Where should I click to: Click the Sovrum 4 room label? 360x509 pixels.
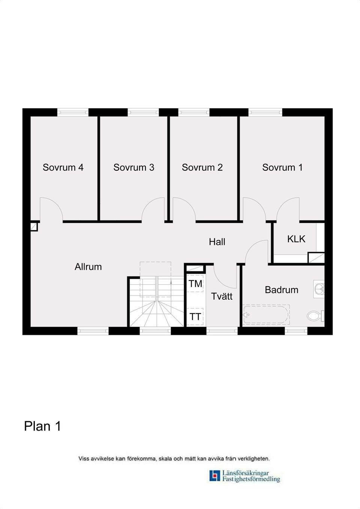(x=63, y=167)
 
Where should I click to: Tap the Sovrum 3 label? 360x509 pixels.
(x=134, y=167)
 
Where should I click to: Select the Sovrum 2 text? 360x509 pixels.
(x=202, y=167)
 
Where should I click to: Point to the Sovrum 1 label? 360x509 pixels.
(x=282, y=167)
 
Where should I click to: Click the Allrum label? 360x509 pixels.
(x=88, y=267)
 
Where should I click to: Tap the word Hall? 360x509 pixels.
(x=217, y=242)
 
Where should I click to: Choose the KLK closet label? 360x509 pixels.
(x=296, y=239)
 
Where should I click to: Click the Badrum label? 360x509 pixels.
(x=281, y=290)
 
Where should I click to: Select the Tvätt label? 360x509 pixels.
(x=222, y=296)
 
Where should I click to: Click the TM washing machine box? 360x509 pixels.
(x=195, y=284)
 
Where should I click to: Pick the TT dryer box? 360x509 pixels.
(x=195, y=317)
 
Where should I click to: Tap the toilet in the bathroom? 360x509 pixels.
(x=315, y=316)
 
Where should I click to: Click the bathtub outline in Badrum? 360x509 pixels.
(x=266, y=314)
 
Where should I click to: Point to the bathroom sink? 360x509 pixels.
(x=319, y=289)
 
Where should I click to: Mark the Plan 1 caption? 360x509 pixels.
(x=42, y=426)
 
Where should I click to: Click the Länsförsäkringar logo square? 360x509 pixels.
(x=214, y=476)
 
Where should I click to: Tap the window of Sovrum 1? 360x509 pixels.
(x=265, y=112)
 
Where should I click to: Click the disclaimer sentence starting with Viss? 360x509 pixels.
(x=174, y=458)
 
